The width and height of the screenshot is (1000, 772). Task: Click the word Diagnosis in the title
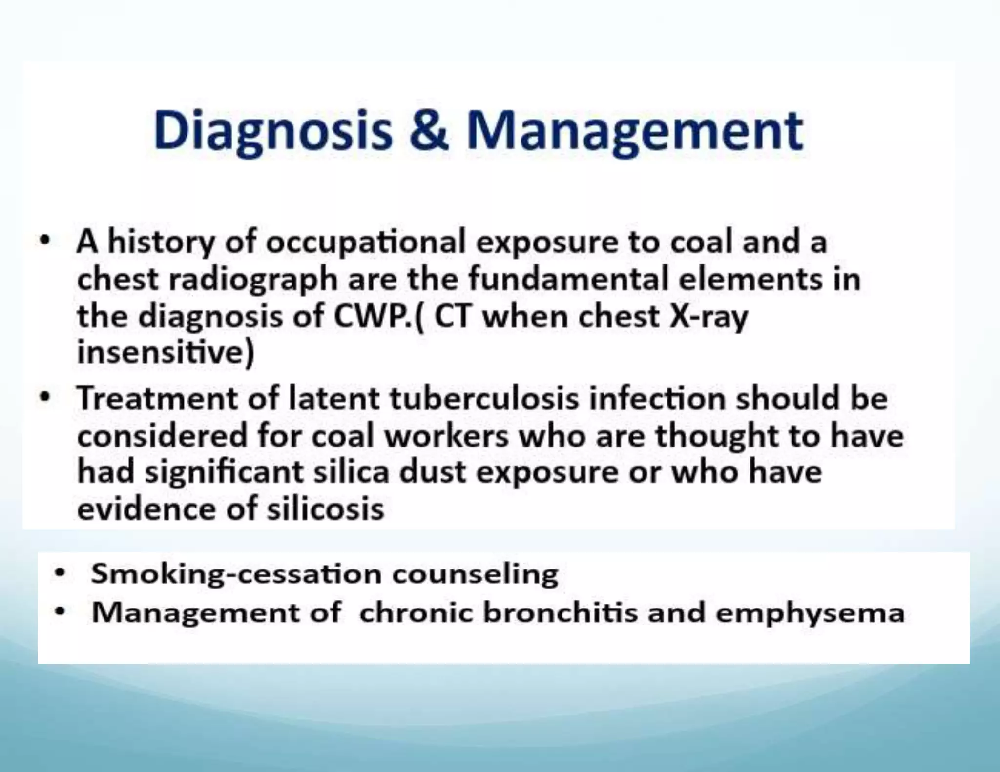tap(273, 131)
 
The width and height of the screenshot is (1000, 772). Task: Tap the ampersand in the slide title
tap(429, 130)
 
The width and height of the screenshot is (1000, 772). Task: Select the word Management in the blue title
tap(634, 131)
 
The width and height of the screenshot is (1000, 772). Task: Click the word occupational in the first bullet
tap(366, 243)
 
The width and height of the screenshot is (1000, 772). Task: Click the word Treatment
tap(156, 398)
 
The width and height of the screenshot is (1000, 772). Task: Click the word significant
tap(224, 472)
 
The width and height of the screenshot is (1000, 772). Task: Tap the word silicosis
tap(325, 509)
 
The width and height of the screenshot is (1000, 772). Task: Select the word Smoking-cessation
tap(236, 574)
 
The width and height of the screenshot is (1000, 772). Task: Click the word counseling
tap(475, 574)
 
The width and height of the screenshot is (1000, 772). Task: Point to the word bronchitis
tap(560, 612)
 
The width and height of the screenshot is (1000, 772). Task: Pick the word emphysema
tap(810, 613)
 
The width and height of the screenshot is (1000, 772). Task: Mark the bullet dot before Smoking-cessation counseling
tap(60, 573)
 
